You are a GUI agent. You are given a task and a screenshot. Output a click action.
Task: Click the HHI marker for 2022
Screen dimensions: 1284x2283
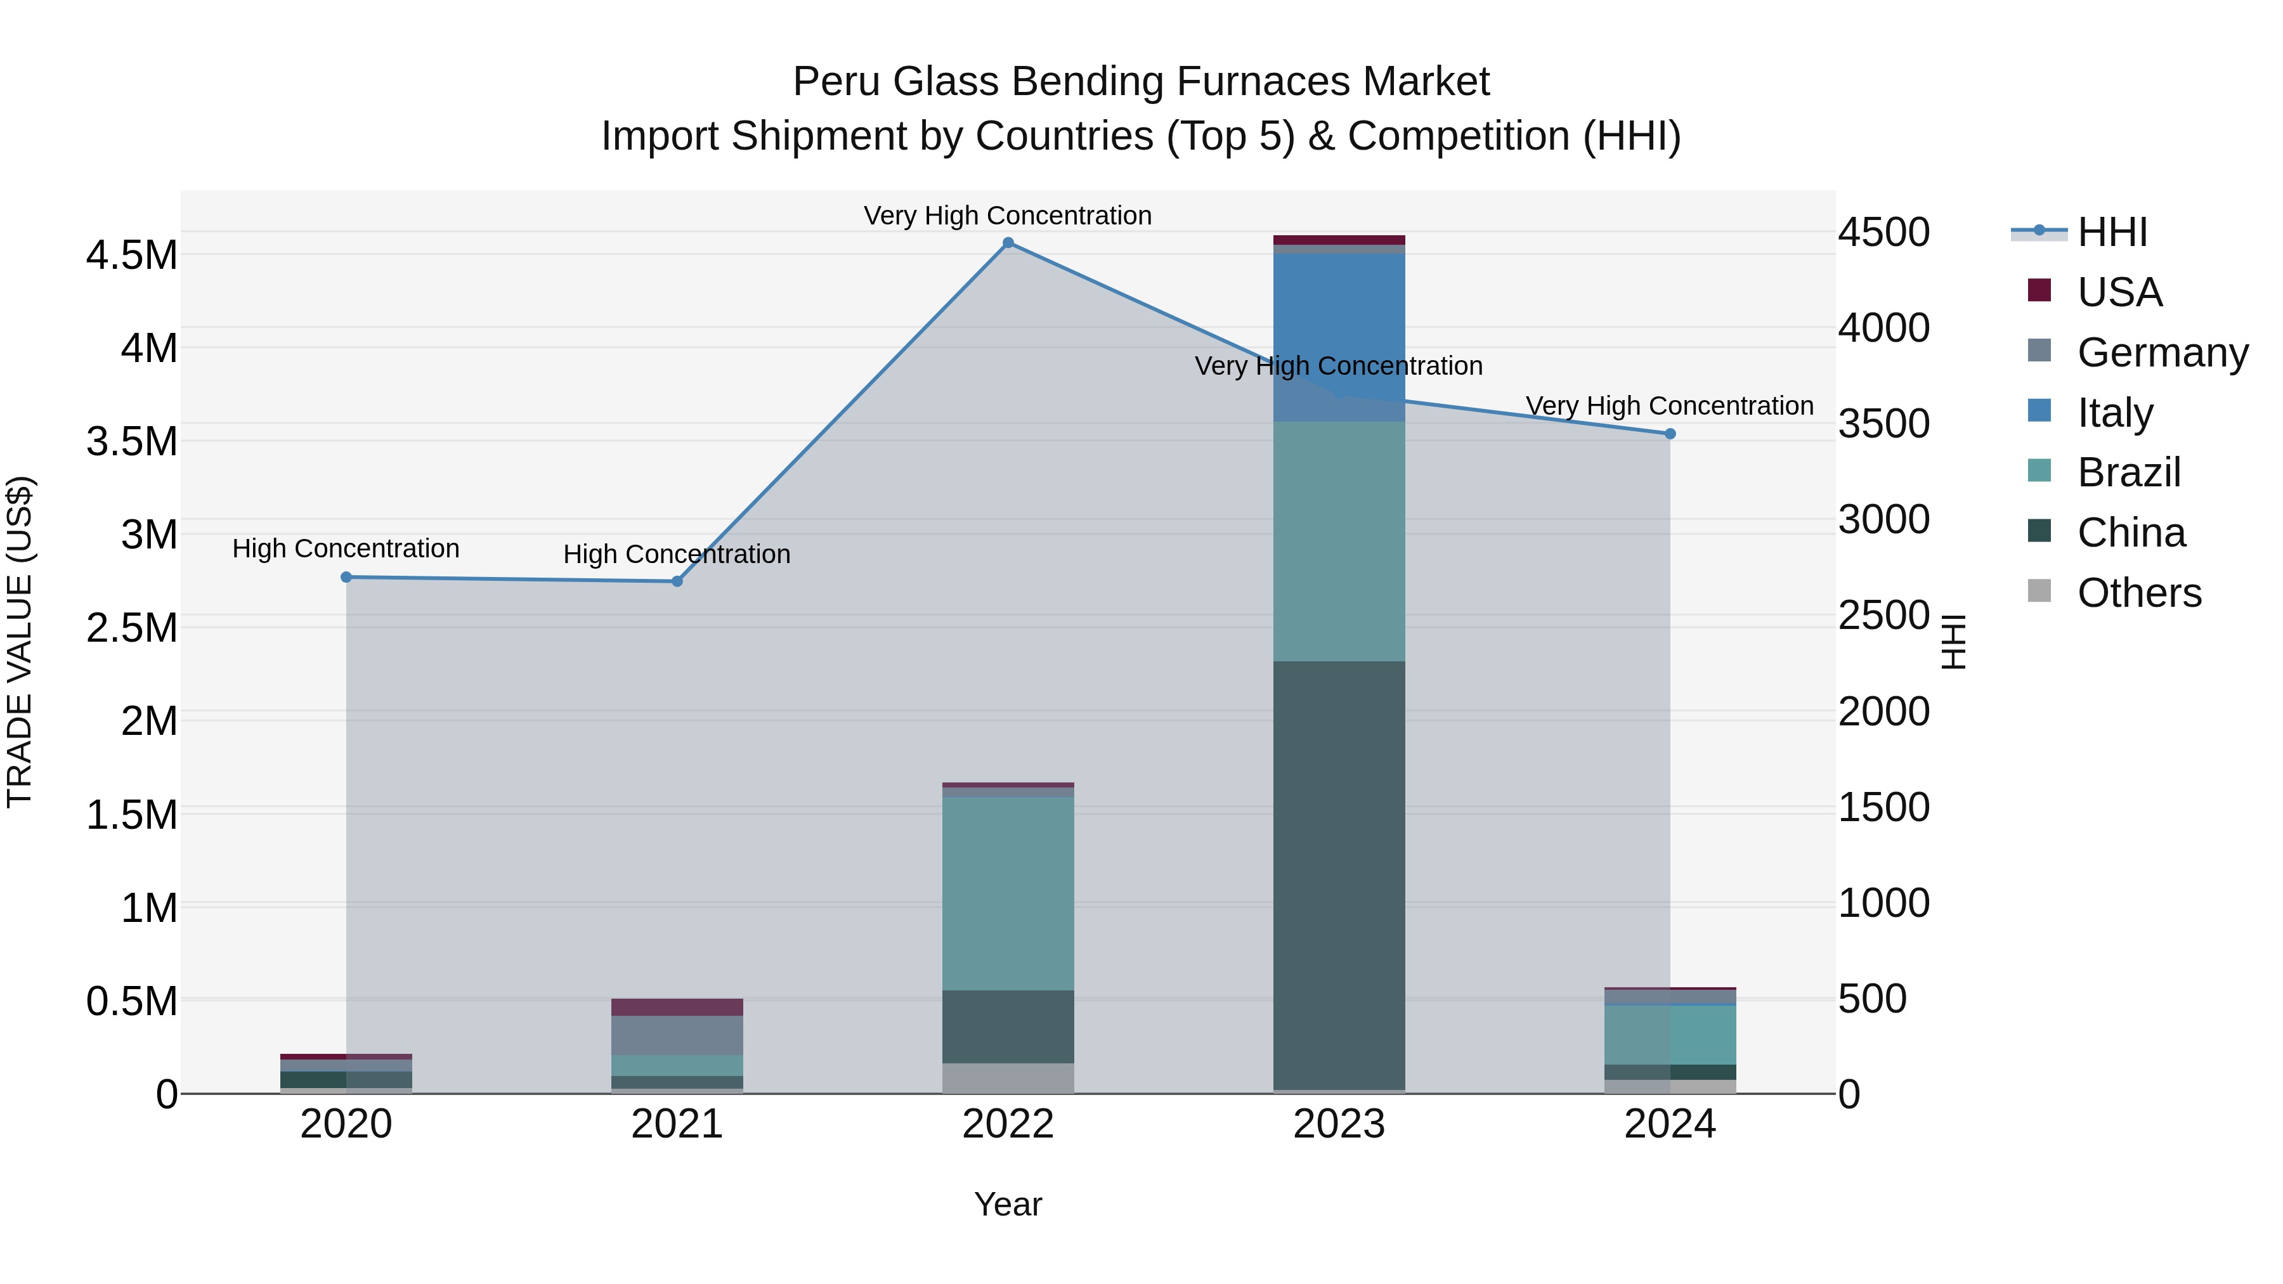pyautogui.click(x=1008, y=243)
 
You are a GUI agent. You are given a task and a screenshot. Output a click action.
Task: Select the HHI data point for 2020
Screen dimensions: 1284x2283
pyautogui.click(x=346, y=577)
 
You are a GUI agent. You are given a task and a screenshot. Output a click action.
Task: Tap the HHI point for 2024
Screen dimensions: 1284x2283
pyautogui.click(x=1670, y=433)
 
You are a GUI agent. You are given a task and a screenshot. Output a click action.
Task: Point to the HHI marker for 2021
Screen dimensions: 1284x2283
pyautogui.click(x=677, y=581)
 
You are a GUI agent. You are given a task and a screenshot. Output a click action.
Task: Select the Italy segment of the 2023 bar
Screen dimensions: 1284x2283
pyautogui.click(x=1338, y=337)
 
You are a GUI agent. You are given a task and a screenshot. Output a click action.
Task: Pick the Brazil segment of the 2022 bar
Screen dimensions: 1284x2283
pyautogui.click(x=1008, y=893)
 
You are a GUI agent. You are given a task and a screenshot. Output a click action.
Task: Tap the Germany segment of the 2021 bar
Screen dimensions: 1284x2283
pyautogui.click(x=677, y=1035)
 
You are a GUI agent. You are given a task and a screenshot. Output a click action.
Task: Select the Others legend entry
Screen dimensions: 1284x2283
pyautogui.click(x=2138, y=593)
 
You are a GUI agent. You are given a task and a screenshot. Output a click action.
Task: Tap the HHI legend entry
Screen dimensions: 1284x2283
pyautogui.click(x=2111, y=232)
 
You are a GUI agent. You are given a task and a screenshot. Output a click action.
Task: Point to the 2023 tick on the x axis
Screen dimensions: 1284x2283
pyautogui.click(x=1338, y=1124)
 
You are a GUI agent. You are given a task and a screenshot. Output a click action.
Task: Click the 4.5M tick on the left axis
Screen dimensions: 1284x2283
pyautogui.click(x=132, y=255)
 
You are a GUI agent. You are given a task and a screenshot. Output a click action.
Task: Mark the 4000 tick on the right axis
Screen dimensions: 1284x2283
pyautogui.click(x=1883, y=328)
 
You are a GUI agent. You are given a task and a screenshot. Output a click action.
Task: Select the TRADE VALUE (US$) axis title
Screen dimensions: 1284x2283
pyautogui.click(x=20, y=642)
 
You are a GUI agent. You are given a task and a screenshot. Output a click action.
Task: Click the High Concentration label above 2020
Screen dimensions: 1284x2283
pyautogui.click(x=346, y=548)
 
